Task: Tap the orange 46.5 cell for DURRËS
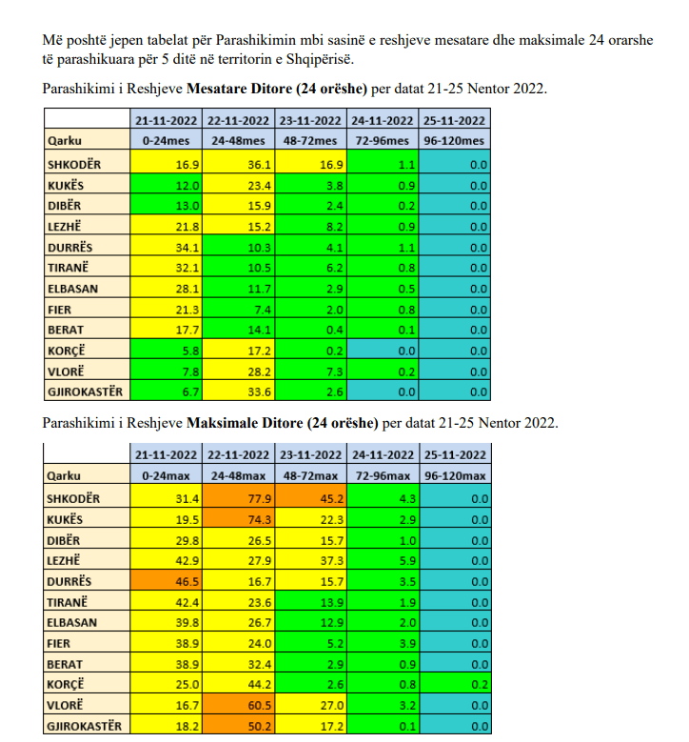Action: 166,581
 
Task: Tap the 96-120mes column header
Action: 454,141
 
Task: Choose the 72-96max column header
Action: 382,475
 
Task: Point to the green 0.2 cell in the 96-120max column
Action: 454,685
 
